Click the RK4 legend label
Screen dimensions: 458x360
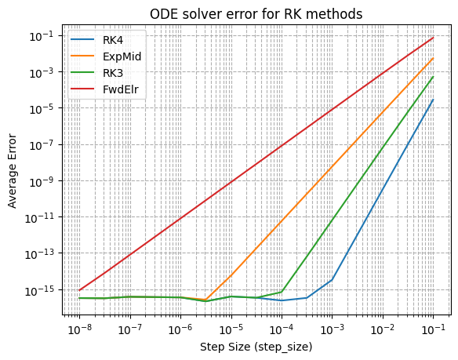click(x=113, y=40)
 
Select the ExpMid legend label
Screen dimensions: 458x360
click(x=122, y=56)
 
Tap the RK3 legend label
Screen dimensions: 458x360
click(x=113, y=73)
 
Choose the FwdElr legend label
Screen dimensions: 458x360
click(x=120, y=89)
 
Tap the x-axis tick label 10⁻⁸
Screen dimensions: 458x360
click(x=80, y=329)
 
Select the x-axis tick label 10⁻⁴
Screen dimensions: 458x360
click(x=282, y=329)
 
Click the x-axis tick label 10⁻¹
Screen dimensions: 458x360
click(x=434, y=329)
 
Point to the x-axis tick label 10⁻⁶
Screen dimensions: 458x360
click(x=181, y=329)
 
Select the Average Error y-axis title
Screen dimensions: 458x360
click(x=12, y=171)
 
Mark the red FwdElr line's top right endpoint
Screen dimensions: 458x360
click(x=434, y=38)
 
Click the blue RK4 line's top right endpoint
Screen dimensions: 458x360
click(x=434, y=100)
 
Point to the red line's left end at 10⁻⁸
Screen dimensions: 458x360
click(x=79, y=290)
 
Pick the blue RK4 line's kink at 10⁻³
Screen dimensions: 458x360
click(x=332, y=280)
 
